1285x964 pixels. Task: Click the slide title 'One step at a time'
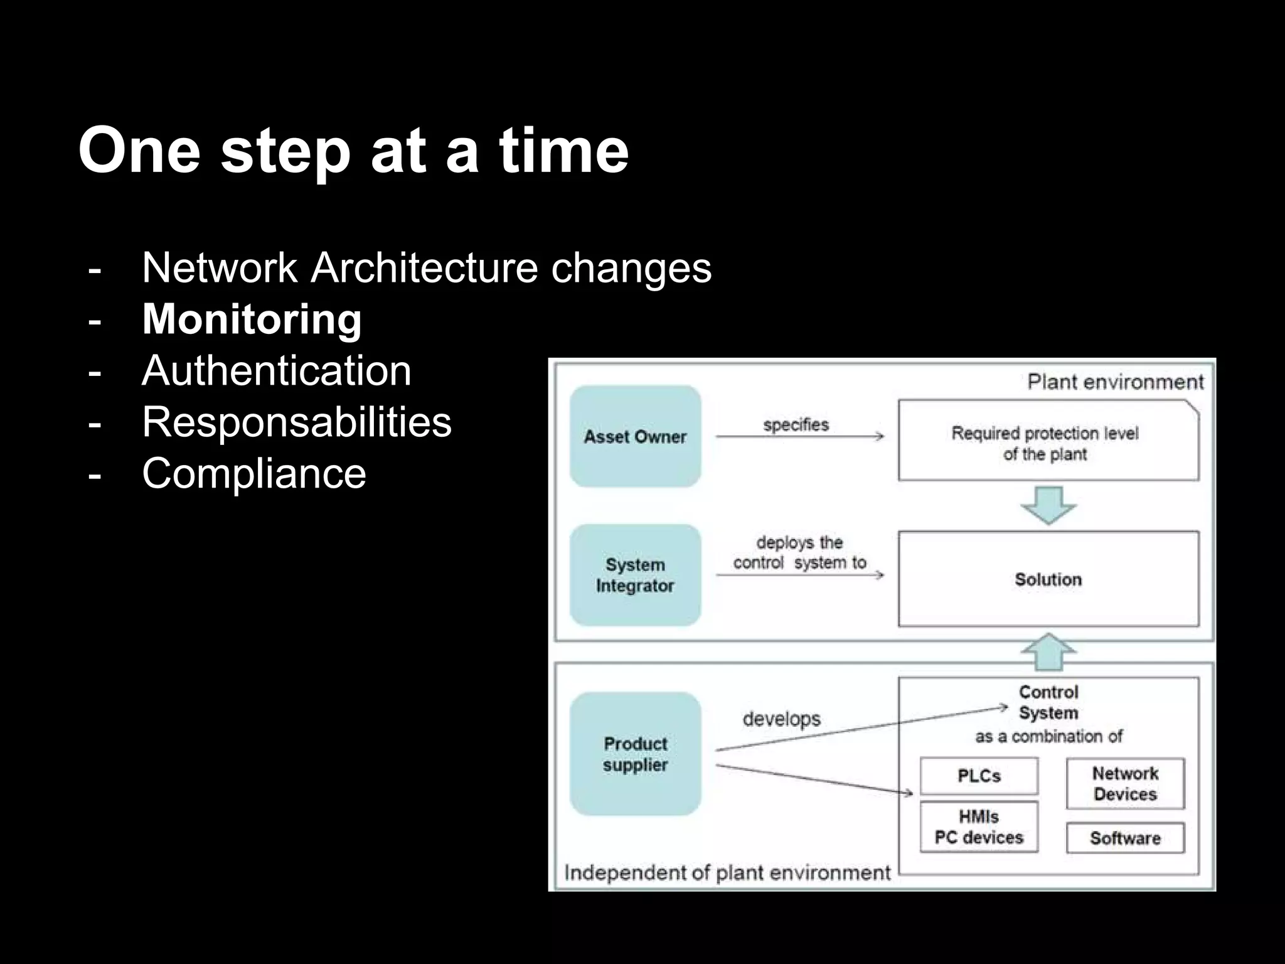point(353,151)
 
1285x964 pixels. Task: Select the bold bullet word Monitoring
point(252,319)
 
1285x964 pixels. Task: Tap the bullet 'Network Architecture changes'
point(427,268)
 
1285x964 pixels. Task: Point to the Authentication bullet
point(277,370)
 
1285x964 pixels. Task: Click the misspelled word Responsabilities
point(296,422)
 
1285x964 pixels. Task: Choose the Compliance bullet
point(254,473)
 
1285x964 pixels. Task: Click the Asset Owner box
point(635,436)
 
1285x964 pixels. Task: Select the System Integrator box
point(635,575)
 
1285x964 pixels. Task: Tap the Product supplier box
point(635,754)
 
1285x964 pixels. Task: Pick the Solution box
point(1048,579)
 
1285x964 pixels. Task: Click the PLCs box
point(979,776)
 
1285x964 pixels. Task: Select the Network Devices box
point(1125,783)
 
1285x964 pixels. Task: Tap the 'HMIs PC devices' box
point(979,827)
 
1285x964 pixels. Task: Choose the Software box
point(1125,838)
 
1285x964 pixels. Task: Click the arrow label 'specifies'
point(796,425)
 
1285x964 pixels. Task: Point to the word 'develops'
point(781,719)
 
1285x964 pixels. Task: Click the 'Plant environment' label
point(1115,382)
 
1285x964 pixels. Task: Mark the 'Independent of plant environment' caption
point(727,873)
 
